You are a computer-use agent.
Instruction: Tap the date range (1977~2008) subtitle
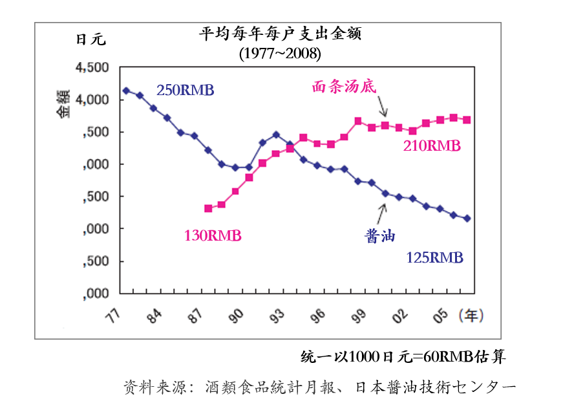279,54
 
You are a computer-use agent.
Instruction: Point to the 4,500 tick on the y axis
92,68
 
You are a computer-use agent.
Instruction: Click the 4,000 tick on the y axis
92,100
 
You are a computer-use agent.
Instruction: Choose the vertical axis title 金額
63,103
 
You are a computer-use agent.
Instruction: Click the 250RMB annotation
185,90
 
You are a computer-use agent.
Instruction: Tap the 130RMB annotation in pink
213,236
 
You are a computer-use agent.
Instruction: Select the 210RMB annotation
431,146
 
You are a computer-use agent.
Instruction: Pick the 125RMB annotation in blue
434,257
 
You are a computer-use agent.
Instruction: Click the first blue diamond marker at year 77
126,91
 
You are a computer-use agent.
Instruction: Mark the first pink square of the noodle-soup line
208,208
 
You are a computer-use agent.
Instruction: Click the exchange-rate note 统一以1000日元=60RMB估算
403,356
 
